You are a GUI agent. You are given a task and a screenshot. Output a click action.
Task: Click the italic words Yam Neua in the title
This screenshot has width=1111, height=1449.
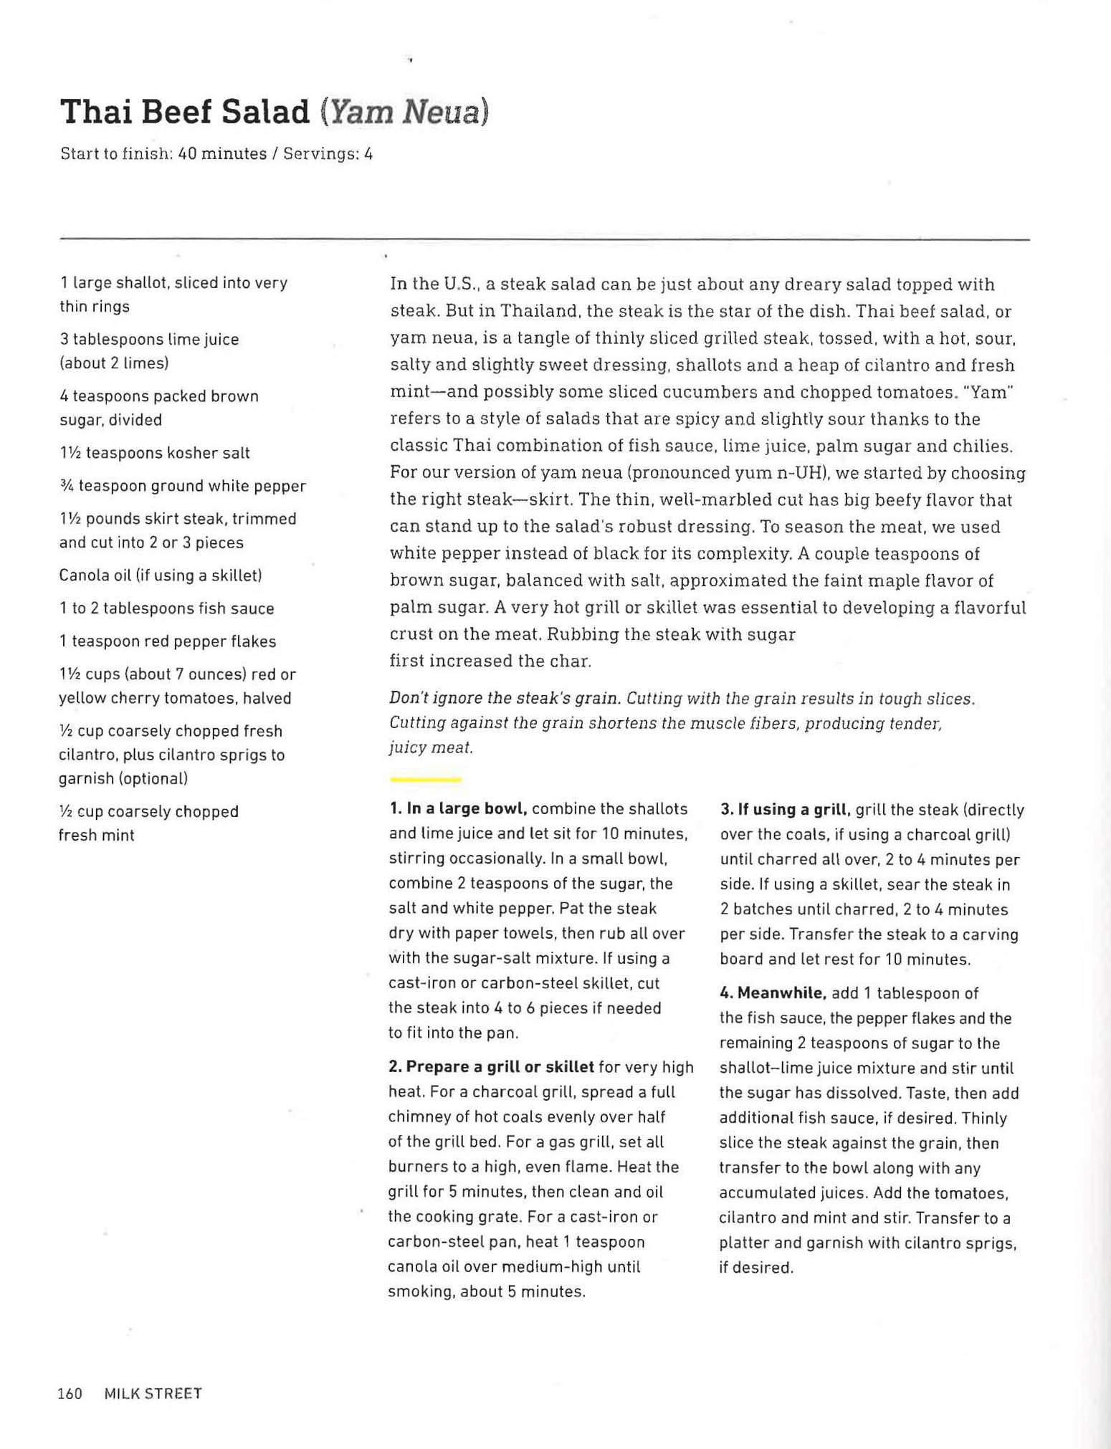tap(405, 113)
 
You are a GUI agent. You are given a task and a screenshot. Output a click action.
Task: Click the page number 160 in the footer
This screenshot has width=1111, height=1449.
tap(70, 1393)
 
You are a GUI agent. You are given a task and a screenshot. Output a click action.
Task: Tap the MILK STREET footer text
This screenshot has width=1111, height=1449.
tap(153, 1393)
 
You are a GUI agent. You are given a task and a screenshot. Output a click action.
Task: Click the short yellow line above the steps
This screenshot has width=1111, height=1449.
tap(425, 779)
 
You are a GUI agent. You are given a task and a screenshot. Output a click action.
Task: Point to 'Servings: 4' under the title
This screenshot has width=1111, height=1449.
tap(328, 154)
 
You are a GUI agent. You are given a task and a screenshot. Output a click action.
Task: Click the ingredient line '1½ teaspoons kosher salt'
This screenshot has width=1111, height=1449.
tap(155, 453)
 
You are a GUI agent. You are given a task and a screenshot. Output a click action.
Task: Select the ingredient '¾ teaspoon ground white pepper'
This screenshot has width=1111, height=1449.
tap(183, 486)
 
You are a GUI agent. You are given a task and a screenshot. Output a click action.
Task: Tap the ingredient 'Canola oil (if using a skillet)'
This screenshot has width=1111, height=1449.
tap(161, 575)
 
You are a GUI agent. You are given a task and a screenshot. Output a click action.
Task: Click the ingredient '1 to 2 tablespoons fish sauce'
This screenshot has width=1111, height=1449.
tap(167, 608)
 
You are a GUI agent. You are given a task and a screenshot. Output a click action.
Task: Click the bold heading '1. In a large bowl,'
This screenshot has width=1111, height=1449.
tap(459, 809)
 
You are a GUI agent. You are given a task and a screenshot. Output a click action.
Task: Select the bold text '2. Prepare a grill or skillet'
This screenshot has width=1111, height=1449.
tap(491, 1066)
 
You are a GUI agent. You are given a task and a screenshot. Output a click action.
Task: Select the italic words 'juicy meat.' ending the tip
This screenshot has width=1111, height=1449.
tap(431, 747)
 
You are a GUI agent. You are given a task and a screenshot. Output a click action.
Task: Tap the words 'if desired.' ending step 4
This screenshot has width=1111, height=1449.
tap(756, 1267)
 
